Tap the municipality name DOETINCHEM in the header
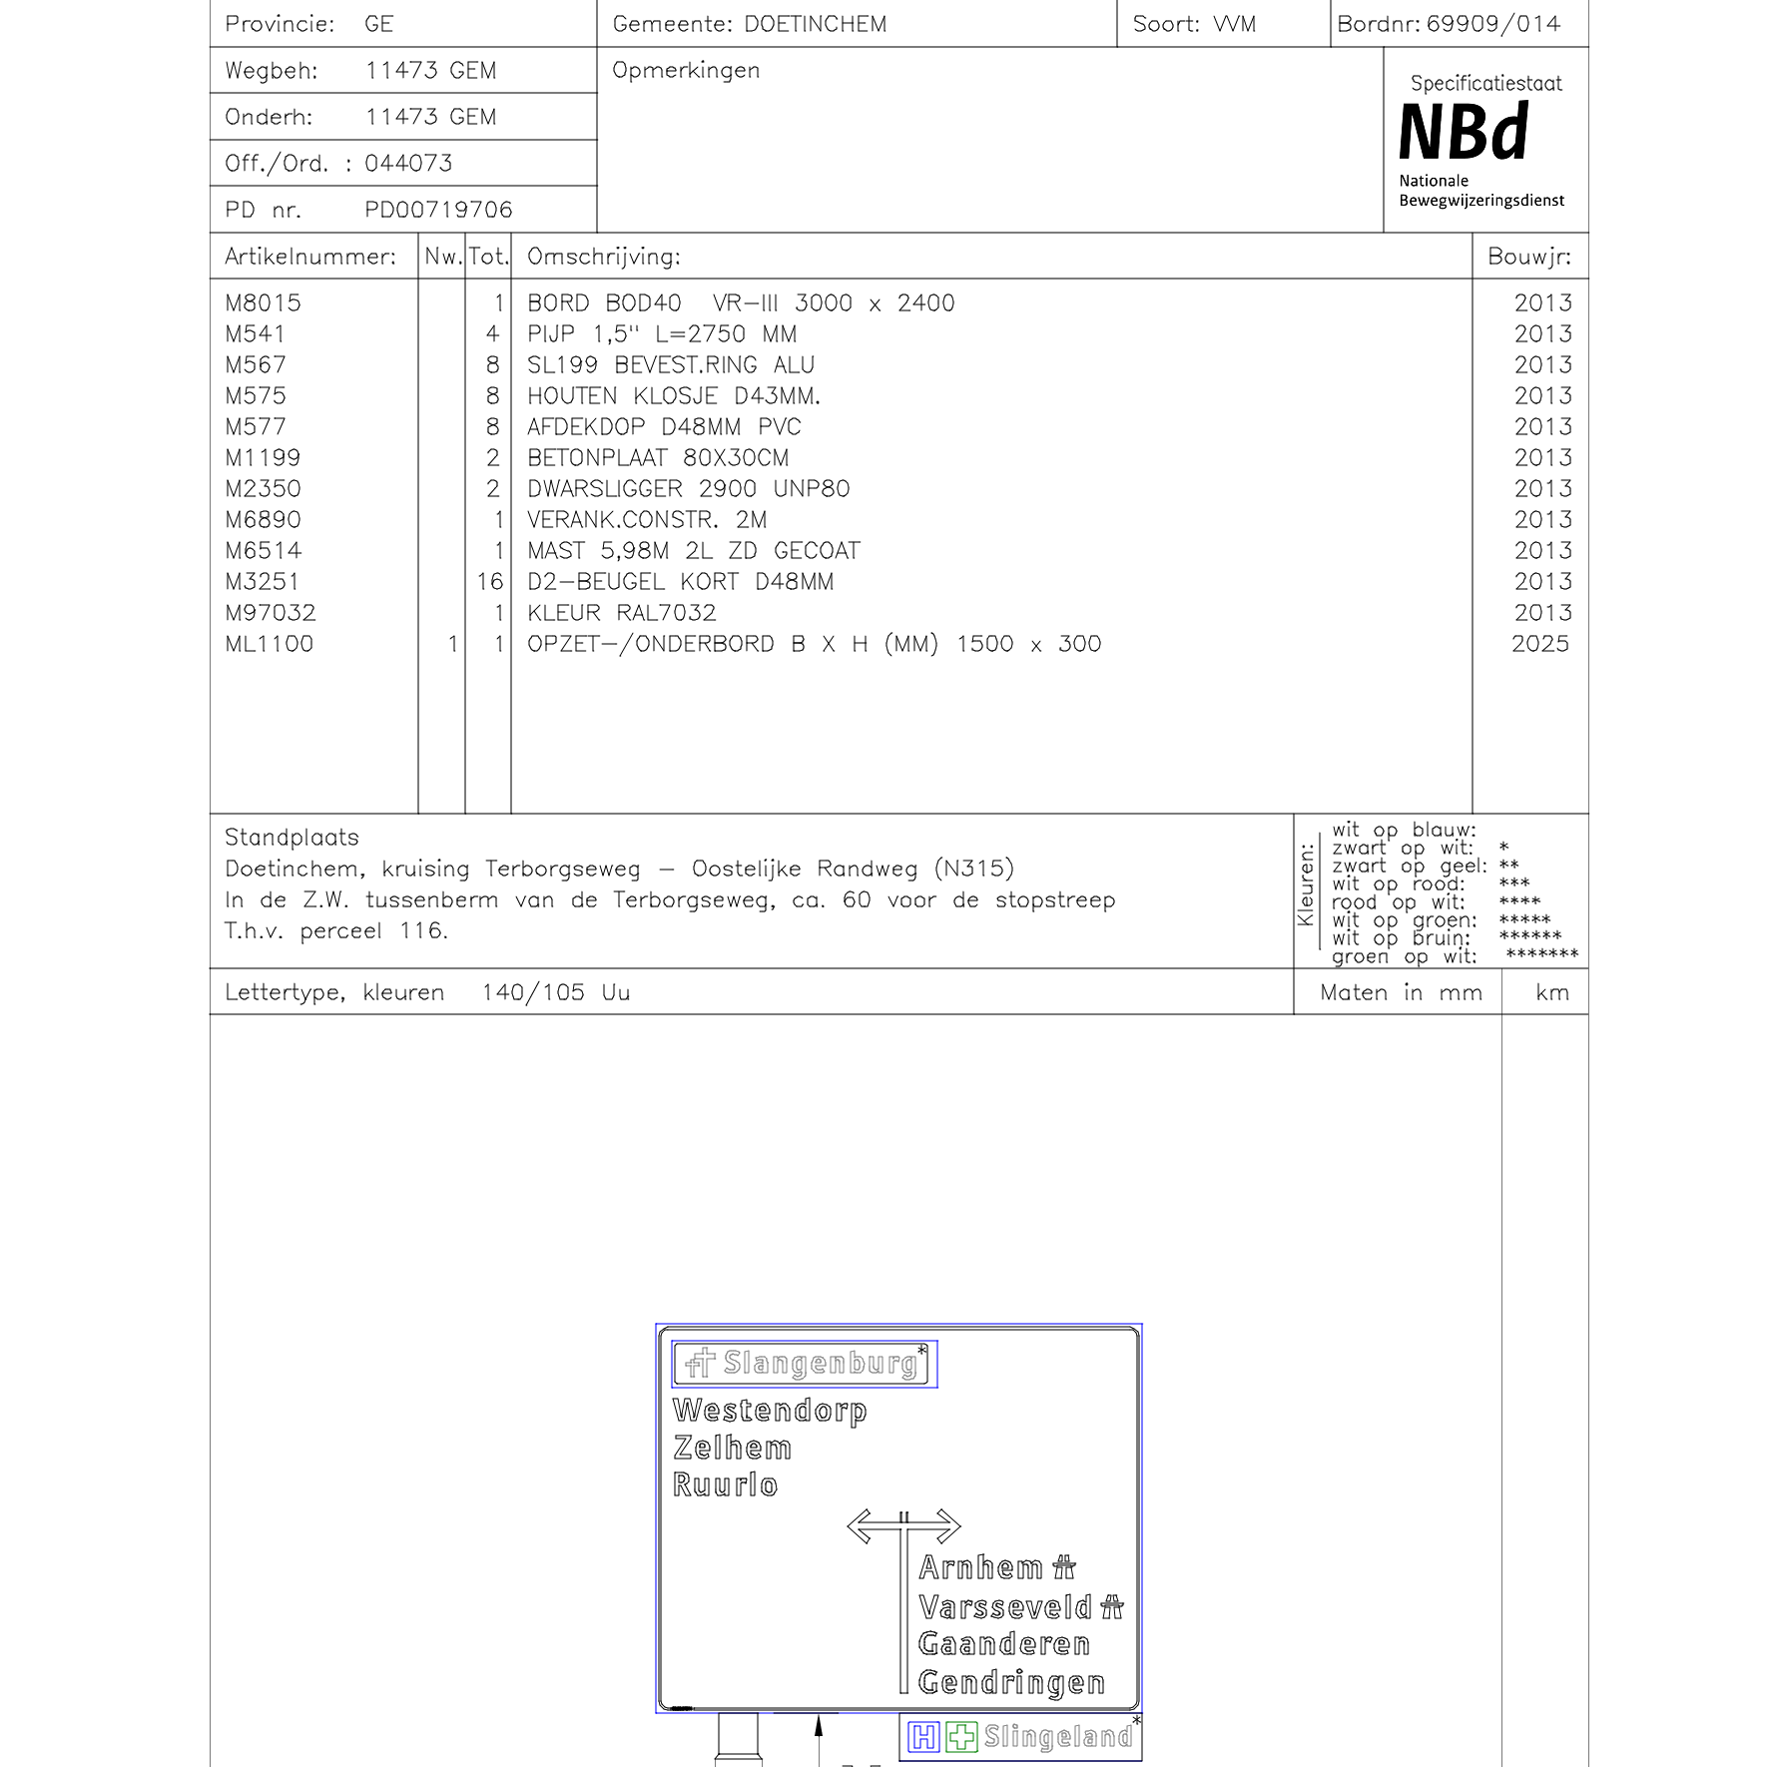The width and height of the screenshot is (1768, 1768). click(815, 24)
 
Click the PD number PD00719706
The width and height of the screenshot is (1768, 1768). click(438, 210)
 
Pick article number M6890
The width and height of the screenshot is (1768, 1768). click(263, 519)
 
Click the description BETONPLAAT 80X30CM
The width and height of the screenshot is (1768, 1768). click(657, 457)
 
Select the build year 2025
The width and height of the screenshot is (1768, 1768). click(1539, 643)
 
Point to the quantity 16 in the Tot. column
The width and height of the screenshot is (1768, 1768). click(489, 581)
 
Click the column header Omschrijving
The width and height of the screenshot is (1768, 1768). click(603, 257)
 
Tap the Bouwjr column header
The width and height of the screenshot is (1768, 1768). click(1528, 257)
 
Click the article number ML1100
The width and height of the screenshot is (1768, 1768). click(269, 643)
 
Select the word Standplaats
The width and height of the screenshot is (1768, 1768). click(292, 837)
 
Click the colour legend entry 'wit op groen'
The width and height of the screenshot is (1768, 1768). click(1403, 919)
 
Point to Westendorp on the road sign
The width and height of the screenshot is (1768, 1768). click(770, 1410)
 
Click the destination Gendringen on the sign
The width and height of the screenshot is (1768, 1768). click(1010, 1682)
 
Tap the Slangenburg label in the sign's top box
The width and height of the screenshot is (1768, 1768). click(819, 1363)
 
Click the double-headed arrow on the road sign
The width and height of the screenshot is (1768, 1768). click(903, 1525)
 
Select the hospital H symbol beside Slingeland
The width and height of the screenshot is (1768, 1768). click(923, 1737)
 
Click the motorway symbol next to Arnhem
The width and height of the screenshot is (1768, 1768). click(1064, 1567)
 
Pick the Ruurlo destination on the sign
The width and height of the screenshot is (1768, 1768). click(725, 1484)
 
